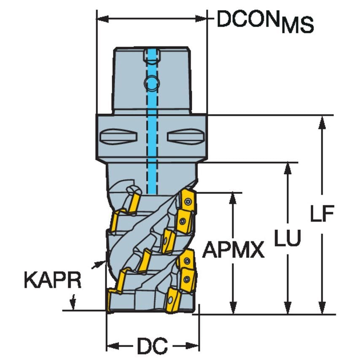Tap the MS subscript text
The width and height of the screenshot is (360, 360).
(298, 26)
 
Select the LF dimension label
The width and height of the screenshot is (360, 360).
(322, 215)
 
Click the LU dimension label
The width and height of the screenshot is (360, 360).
(288, 239)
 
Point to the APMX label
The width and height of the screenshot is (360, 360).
(233, 251)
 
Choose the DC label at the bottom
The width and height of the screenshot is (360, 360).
(152, 346)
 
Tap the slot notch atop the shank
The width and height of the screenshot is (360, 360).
(151, 54)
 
